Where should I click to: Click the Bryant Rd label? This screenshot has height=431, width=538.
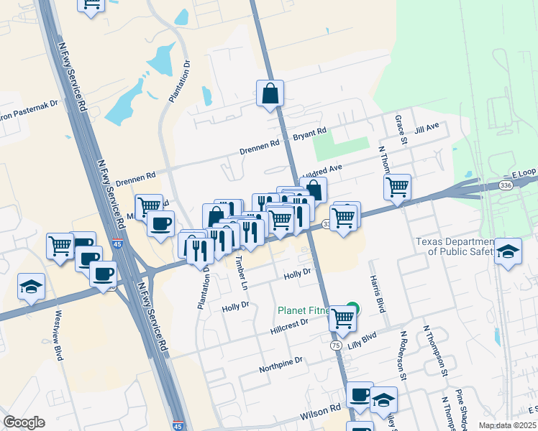tap(310, 134)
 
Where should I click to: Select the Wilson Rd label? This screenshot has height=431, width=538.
tap(320, 412)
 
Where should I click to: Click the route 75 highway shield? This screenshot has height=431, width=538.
tap(336, 346)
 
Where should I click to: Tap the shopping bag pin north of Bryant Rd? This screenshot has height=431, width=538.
tap(270, 93)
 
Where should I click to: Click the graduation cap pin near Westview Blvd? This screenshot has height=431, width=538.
tap(31, 287)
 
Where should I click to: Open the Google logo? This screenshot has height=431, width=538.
tap(24, 422)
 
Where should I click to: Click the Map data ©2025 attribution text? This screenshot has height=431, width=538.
tap(507, 425)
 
